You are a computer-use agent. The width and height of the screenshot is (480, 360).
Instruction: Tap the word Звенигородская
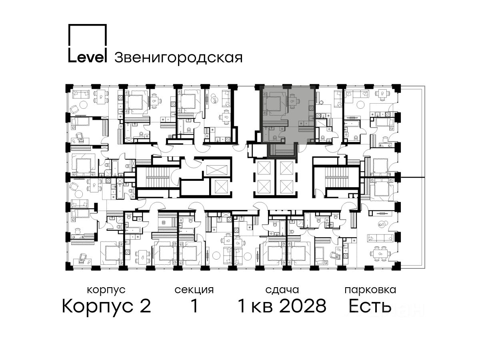178,58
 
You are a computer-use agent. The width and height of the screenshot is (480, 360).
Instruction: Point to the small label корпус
106,290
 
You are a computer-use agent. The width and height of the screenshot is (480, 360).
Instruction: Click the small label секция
194,290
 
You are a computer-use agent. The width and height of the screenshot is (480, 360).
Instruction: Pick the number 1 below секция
194,306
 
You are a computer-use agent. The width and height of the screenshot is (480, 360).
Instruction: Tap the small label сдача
282,290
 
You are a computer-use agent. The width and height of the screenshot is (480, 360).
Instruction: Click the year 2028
303,306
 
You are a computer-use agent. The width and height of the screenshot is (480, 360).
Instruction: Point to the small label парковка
370,290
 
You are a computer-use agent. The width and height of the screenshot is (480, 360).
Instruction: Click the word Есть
370,306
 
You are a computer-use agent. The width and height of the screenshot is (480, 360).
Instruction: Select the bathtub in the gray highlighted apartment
266,134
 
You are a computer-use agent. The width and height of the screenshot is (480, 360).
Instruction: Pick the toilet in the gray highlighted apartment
275,138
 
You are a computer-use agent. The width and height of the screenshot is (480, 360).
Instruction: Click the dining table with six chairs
380,254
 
